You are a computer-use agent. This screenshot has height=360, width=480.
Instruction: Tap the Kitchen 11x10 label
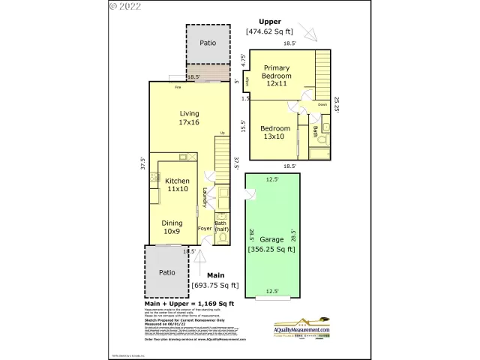178,185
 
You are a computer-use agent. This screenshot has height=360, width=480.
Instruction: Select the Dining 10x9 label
172,227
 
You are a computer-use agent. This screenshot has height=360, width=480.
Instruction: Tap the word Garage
271,240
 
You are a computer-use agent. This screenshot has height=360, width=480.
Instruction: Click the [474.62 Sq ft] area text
269,31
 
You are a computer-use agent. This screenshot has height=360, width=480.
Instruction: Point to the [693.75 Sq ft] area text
215,285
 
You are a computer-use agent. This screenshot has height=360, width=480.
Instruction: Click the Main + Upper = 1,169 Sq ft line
190,303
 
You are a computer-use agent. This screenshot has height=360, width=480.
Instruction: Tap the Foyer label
205,228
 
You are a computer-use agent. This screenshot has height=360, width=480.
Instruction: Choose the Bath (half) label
221,226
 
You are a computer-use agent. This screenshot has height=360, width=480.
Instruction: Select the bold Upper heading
269,21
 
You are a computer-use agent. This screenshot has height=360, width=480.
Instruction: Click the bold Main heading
215,275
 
